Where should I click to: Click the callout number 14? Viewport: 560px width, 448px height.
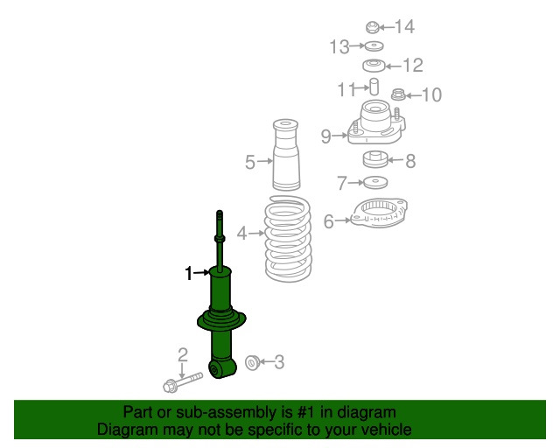pyautogui.click(x=404, y=27)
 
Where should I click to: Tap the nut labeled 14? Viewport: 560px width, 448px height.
pyautogui.click(x=372, y=27)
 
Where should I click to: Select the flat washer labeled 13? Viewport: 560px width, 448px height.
pyautogui.click(x=374, y=45)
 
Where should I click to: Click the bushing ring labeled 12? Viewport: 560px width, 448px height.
pyautogui.click(x=374, y=66)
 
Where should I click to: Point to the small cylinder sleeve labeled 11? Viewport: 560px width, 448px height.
pyautogui.click(x=374, y=87)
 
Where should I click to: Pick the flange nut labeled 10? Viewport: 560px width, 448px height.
pyautogui.click(x=398, y=94)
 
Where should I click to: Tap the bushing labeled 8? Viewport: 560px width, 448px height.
pyautogui.click(x=375, y=159)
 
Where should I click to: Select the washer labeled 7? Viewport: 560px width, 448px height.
pyautogui.click(x=375, y=183)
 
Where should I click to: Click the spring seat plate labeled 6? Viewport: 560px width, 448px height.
pyautogui.click(x=379, y=213)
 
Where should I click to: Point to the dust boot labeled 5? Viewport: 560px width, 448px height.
pyautogui.click(x=286, y=155)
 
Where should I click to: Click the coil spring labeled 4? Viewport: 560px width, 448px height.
pyautogui.click(x=288, y=239)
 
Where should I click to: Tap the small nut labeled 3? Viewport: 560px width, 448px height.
pyautogui.click(x=253, y=362)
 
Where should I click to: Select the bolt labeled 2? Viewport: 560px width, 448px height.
pyautogui.click(x=183, y=381)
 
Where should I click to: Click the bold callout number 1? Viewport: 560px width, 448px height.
pyautogui.click(x=189, y=274)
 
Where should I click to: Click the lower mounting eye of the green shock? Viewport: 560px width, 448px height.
pyautogui.click(x=215, y=370)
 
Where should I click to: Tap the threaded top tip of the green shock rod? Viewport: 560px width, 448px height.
pyautogui.click(x=220, y=213)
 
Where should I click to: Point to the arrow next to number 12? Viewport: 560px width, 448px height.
pyautogui.click(x=394, y=66)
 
